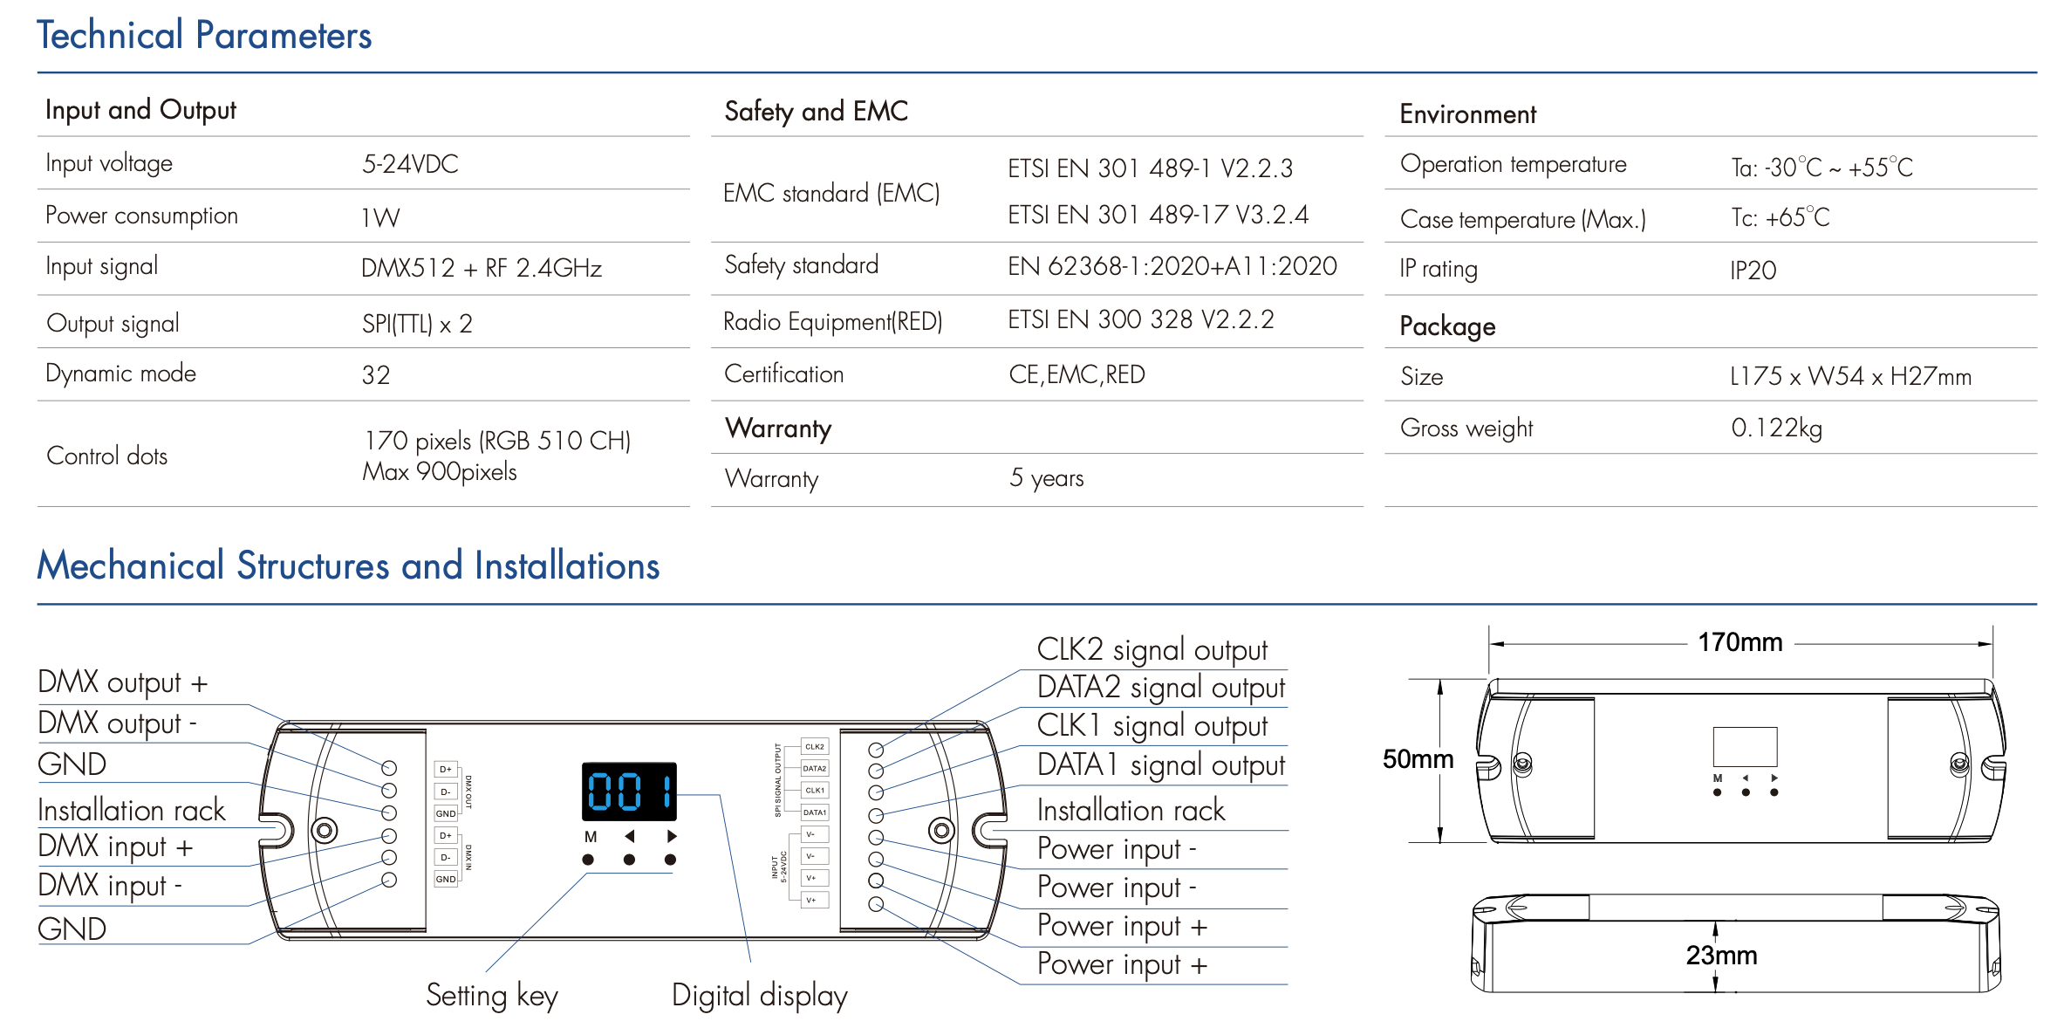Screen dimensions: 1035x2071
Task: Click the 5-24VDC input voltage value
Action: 410,164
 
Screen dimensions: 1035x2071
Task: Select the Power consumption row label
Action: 141,216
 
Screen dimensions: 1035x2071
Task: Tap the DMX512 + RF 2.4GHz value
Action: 482,268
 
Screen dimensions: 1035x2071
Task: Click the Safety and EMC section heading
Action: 816,111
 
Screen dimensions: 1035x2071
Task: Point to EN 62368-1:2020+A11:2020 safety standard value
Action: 1172,266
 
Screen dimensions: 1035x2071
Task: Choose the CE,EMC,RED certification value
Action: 1077,374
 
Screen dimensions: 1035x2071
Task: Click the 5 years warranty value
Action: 1047,478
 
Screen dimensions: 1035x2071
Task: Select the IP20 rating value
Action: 1753,271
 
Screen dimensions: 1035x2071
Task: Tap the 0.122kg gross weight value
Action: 1776,428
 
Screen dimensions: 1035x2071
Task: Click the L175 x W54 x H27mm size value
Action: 1850,376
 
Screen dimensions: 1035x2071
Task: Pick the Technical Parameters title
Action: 204,36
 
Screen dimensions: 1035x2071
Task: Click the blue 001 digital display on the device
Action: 629,792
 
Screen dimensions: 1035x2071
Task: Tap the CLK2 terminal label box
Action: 815,747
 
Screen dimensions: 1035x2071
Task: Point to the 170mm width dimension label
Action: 1740,643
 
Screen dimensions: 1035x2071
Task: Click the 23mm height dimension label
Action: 1721,956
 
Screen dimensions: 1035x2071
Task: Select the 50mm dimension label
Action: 1418,759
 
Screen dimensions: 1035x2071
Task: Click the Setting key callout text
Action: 491,996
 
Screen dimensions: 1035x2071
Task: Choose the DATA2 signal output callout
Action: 1160,688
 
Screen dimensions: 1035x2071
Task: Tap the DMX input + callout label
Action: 115,847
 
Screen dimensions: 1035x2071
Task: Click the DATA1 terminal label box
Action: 815,812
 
